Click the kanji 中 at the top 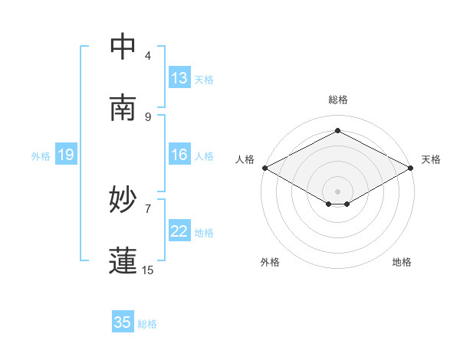coord(123,48)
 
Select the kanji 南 coord(123,108)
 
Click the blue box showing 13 coord(179,78)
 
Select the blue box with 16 coord(179,155)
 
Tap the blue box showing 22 coord(179,232)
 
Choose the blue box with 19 coord(66,155)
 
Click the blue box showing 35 coord(123,322)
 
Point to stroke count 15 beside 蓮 coord(148,270)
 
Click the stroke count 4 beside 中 coord(148,56)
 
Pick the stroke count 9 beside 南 coord(148,116)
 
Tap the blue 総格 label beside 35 coord(147,324)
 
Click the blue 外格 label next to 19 coord(41,156)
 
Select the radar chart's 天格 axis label coord(431,159)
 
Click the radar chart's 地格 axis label coord(402,262)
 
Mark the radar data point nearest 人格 coord(264,168)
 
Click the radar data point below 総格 coord(337,130)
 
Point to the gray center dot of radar coord(337,191)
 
